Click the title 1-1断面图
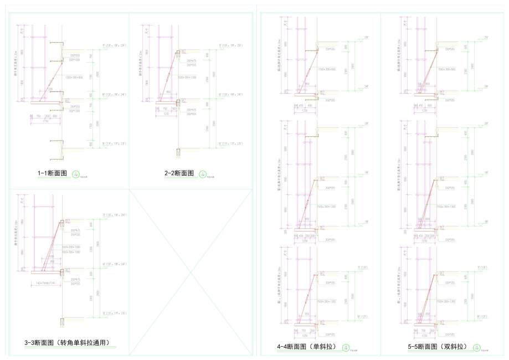pyautogui.click(x=52, y=173)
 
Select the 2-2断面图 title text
pyautogui.click(x=179, y=173)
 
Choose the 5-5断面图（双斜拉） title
pyautogui.click(x=437, y=347)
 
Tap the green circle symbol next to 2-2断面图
pyautogui.click(x=203, y=174)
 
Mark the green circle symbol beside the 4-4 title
pyautogui.click(x=345, y=348)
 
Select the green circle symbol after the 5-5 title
pyautogui.click(x=476, y=348)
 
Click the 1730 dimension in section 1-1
pyautogui.click(x=47, y=121)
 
